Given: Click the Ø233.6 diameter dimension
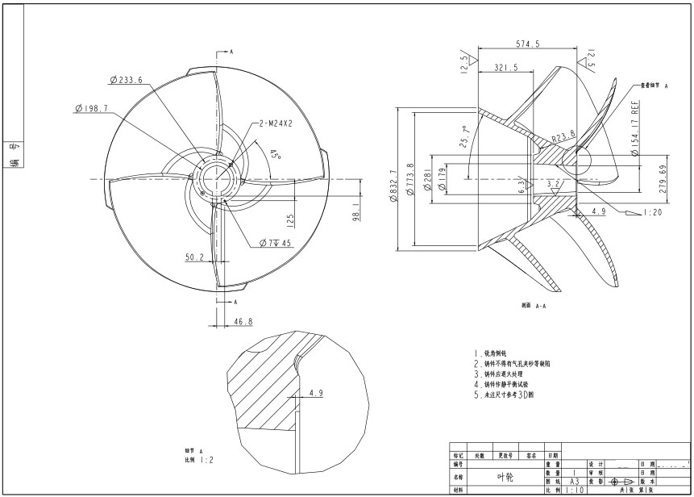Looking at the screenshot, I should click(126, 80).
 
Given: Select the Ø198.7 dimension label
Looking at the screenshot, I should click(91, 108).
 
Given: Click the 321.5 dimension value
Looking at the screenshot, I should click(505, 68).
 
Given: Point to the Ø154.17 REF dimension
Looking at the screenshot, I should click(634, 130).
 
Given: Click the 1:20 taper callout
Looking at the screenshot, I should click(654, 212).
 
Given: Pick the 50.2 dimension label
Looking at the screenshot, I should click(194, 257).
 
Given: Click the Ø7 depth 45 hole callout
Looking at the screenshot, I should click(275, 243).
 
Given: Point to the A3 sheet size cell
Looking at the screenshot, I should click(574, 481).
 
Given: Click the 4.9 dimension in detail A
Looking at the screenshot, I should click(316, 394).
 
